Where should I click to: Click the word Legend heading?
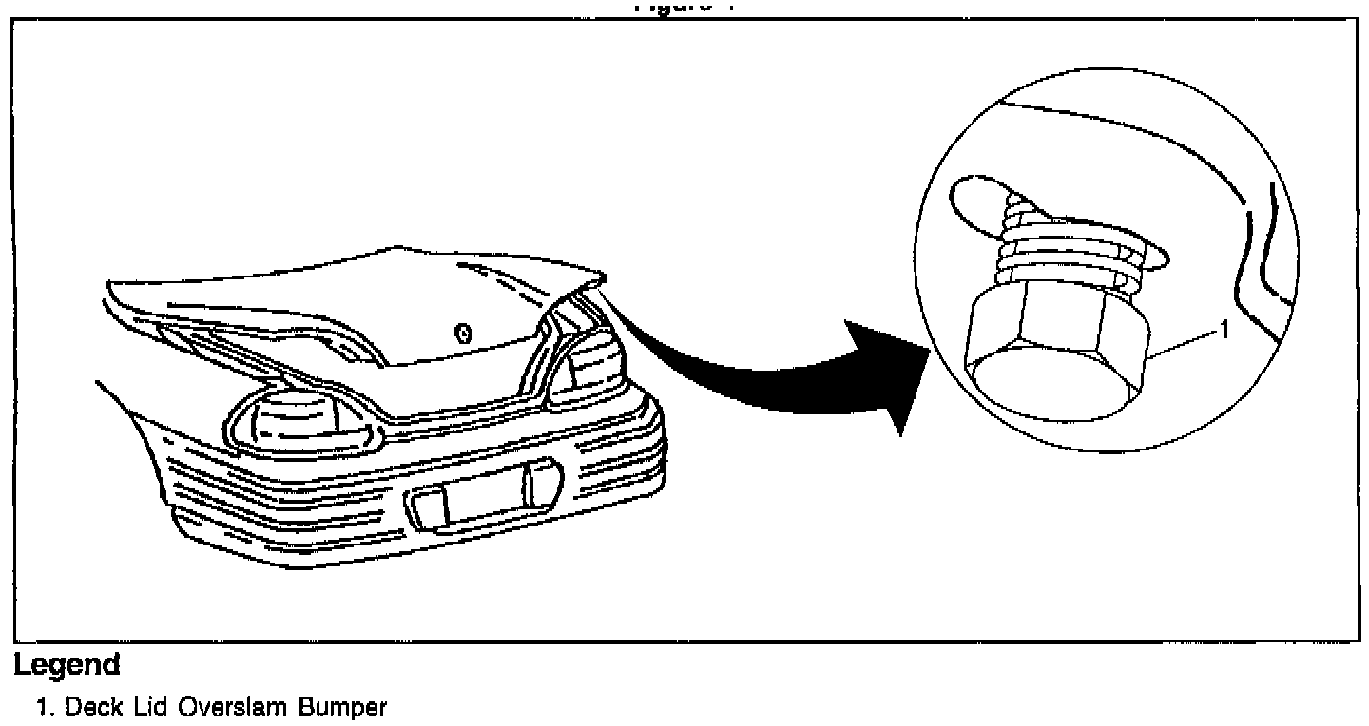coord(67,664)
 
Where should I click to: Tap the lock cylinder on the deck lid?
coord(463,333)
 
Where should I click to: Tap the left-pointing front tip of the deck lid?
coord(112,284)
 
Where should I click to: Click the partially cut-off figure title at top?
coord(684,7)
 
